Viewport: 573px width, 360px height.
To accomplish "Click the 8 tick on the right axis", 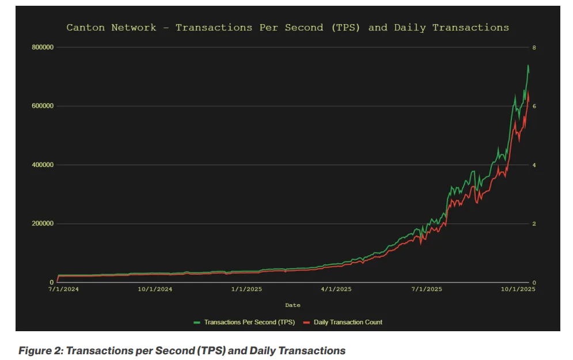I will [534, 47].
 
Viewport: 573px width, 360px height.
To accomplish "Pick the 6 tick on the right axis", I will [534, 107].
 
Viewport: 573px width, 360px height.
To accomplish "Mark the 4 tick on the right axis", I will [534, 165].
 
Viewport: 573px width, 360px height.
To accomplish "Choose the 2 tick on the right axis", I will [534, 224].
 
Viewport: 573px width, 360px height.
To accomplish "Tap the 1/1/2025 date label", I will [246, 289].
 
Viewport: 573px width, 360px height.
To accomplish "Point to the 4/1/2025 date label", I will [336, 289].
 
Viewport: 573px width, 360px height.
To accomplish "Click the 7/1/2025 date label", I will [427, 289].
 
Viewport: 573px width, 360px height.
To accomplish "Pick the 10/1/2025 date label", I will [518, 289].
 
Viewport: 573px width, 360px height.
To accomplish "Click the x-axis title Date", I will [293, 305].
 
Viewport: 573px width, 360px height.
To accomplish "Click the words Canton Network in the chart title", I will [111, 28].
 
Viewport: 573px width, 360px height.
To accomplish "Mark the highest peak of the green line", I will [528, 66].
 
